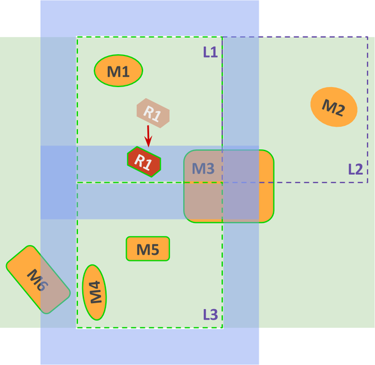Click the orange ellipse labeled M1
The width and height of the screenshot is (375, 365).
tap(118, 71)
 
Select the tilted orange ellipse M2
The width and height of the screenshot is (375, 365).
tap(334, 108)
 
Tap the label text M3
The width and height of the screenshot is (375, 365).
tap(203, 168)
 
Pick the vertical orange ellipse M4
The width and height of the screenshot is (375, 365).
tap(94, 292)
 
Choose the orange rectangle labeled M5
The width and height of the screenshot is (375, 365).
tap(148, 249)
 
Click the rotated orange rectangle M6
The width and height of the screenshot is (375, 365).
tap(38, 280)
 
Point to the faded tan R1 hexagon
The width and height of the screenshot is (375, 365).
tap(152, 113)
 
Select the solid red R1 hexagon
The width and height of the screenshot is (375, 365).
tap(144, 161)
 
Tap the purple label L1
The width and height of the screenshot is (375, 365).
tap(210, 52)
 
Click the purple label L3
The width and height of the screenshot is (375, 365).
tap(210, 314)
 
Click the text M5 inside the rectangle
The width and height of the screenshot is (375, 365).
tap(148, 249)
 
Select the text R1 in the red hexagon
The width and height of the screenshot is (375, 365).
tap(143, 162)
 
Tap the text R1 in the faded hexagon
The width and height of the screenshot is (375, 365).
tap(152, 114)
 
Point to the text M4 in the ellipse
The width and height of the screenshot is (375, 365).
tap(95, 292)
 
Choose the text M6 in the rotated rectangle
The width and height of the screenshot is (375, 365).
tap(38, 280)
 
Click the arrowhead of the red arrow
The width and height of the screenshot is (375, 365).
tap(148, 144)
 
